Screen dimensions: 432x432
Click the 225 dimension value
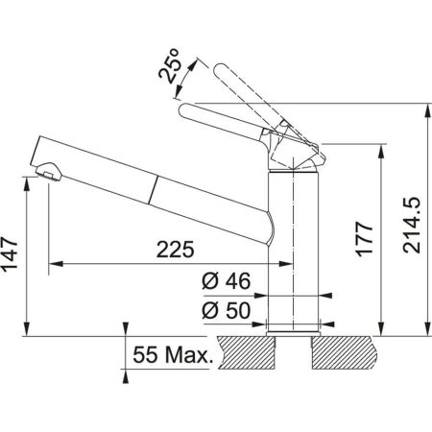pyautogui.click(x=174, y=250)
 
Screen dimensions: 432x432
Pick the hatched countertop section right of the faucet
pyautogui.click(x=347, y=354)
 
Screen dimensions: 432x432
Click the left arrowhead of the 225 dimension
pyautogui.click(x=54, y=262)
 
